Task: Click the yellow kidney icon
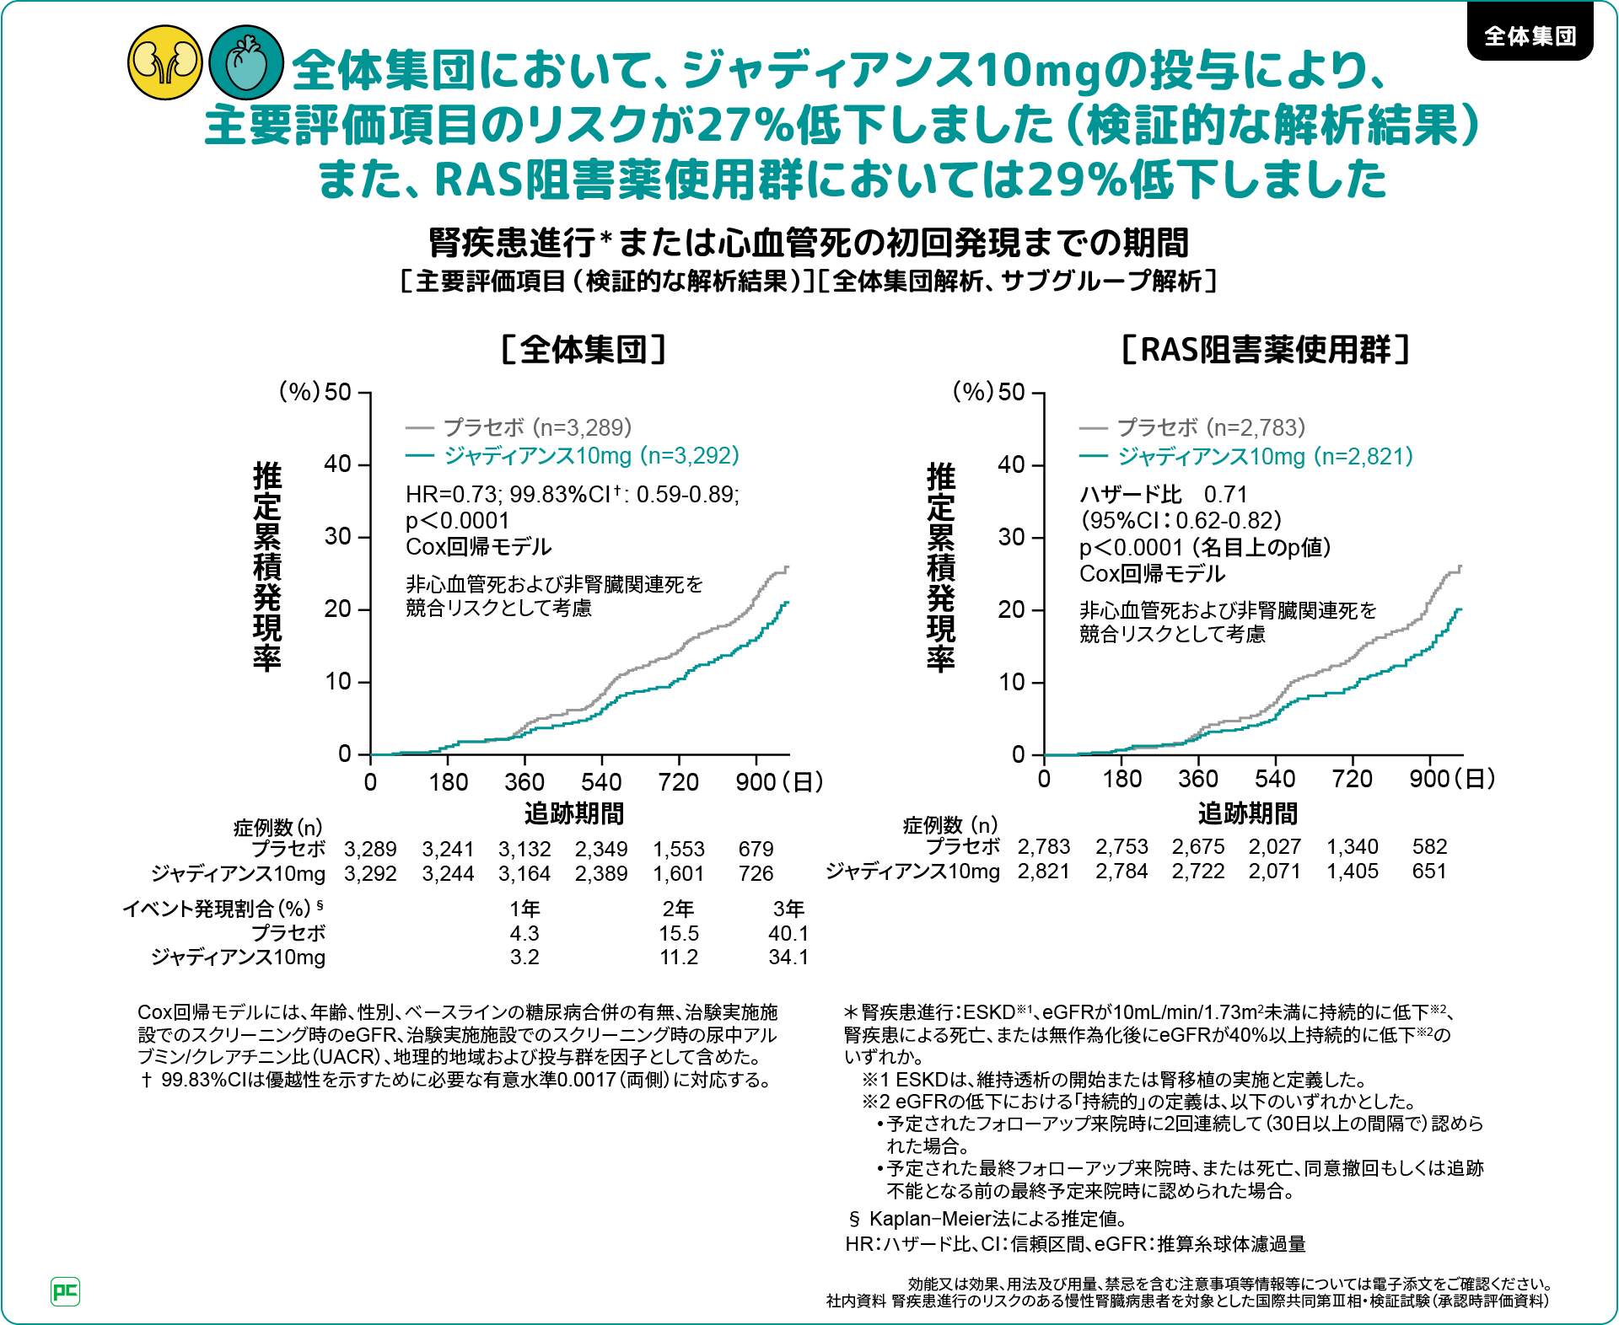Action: [x=165, y=62]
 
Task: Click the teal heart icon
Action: [x=245, y=62]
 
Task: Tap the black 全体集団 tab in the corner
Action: [x=1530, y=35]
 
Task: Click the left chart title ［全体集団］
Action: [x=584, y=349]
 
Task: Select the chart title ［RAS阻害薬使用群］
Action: [x=1266, y=349]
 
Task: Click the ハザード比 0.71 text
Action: [x=1163, y=494]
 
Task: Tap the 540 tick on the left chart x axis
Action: [x=601, y=782]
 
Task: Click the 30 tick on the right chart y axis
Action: [x=1011, y=537]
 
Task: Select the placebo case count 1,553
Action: [x=678, y=849]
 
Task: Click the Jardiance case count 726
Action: [x=756, y=873]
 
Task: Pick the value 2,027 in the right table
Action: [x=1274, y=846]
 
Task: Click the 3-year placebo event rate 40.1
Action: [x=788, y=933]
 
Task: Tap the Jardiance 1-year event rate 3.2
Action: [x=524, y=957]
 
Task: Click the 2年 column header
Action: [x=678, y=909]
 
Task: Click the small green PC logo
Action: [x=66, y=1291]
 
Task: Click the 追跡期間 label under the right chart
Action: [x=1247, y=813]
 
